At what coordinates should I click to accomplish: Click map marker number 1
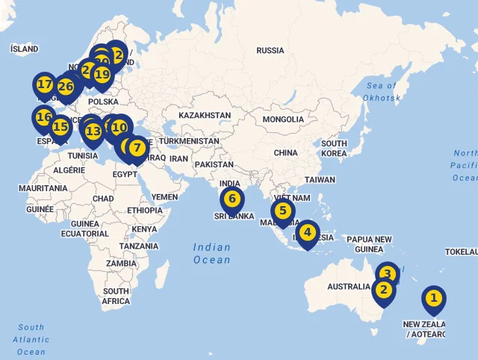[433, 300]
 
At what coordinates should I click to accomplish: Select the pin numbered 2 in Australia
[383, 291]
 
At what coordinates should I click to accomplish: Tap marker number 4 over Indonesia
[307, 233]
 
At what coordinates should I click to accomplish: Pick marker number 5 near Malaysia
[282, 211]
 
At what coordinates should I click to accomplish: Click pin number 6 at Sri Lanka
[232, 199]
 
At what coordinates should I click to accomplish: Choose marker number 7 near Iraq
[137, 148]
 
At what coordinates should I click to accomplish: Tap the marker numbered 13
[93, 132]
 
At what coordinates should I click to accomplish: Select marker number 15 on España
[60, 128]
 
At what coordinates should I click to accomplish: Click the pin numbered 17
[45, 85]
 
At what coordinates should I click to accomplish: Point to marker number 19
[102, 75]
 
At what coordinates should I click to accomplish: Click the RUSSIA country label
[270, 50]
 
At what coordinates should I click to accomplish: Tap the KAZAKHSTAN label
[205, 116]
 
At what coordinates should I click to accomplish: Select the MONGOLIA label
[283, 120]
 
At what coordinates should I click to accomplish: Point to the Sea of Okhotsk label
[382, 92]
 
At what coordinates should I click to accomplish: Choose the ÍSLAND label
[24, 49]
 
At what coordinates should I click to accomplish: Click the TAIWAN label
[320, 179]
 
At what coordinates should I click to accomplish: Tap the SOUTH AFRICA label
[116, 297]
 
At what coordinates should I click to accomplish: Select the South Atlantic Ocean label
[31, 339]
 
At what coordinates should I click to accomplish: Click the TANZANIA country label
[138, 246]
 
